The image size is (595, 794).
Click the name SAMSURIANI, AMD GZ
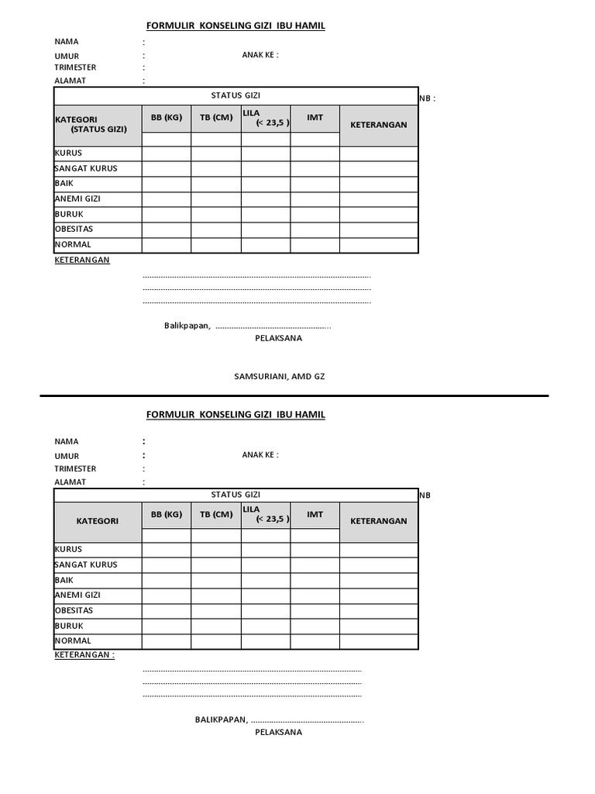tap(280, 376)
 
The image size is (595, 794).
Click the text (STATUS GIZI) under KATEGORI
tap(99, 129)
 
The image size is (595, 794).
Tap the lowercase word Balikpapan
tap(187, 326)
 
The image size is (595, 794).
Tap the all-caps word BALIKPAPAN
tap(221, 720)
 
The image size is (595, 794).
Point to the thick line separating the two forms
tap(294, 396)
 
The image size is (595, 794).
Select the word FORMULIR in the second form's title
tap(171, 415)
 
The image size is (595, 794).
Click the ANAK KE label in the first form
tap(260, 54)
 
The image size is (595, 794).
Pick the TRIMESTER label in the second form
tap(75, 468)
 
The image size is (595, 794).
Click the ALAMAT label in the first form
tap(70, 80)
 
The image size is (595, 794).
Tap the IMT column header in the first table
tap(315, 117)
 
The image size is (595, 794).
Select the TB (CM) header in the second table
tap(216, 514)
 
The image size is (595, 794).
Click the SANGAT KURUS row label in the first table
tap(86, 168)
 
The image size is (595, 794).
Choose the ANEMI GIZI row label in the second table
tap(77, 595)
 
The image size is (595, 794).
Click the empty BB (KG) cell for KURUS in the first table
tap(166, 154)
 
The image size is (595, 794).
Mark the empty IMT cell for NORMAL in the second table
tap(315, 641)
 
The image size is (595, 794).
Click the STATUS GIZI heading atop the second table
tap(236, 494)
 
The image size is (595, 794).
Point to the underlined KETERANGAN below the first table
tap(82, 260)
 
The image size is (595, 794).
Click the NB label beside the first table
tap(427, 98)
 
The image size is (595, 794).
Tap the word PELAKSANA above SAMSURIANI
tap(279, 338)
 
